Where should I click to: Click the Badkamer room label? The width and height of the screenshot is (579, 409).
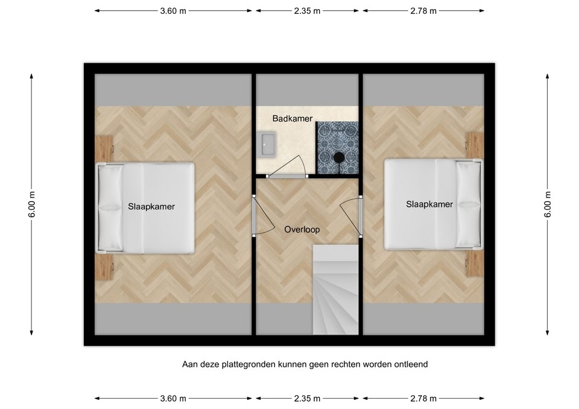pyautogui.click(x=292, y=119)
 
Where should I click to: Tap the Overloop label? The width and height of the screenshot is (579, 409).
pyautogui.click(x=302, y=229)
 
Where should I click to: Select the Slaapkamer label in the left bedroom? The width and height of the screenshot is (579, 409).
pyautogui.click(x=151, y=206)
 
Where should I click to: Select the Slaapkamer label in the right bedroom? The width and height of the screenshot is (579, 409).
pyautogui.click(x=429, y=204)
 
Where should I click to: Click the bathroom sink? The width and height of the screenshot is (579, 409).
pyautogui.click(x=267, y=143)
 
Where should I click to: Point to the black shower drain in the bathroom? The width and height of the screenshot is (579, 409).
pyautogui.click(x=340, y=158)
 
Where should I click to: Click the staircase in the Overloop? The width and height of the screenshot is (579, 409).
pyautogui.click(x=335, y=289)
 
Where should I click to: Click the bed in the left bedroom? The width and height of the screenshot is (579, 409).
pyautogui.click(x=146, y=208)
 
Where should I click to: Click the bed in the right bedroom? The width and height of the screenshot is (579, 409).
pyautogui.click(x=433, y=204)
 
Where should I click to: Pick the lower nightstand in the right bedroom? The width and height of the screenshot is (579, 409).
pyautogui.click(x=475, y=263)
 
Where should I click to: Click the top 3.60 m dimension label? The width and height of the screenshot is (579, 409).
pyautogui.click(x=173, y=11)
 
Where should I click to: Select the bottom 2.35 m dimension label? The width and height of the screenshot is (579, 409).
pyautogui.click(x=308, y=398)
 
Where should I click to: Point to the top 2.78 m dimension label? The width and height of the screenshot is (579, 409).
pyautogui.click(x=423, y=11)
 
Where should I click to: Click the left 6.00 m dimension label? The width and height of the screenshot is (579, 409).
pyautogui.click(x=32, y=204)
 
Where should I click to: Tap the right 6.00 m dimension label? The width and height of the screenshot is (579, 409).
pyautogui.click(x=547, y=204)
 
